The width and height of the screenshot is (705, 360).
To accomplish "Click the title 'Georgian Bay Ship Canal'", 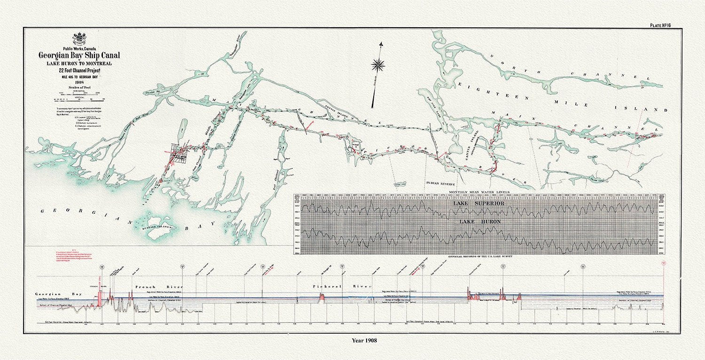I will [x=79, y=55].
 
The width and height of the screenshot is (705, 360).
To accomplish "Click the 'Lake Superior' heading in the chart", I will [x=478, y=203].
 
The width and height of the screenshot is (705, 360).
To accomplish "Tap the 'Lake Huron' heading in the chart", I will [x=478, y=221].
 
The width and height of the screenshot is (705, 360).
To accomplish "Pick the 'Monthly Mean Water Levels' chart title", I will [x=478, y=192].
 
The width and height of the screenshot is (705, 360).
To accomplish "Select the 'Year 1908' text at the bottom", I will [x=364, y=340].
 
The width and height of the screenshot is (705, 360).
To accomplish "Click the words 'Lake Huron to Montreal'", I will [x=79, y=63].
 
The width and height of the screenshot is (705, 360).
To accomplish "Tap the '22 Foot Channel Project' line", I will [x=79, y=70].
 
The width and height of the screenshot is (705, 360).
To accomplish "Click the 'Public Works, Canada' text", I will [x=79, y=48].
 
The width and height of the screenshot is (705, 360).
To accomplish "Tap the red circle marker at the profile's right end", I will [x=663, y=264].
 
